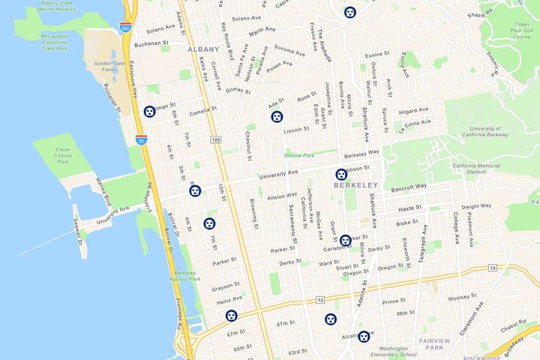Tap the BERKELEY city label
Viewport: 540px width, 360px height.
(354, 185)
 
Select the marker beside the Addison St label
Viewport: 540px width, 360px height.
(340, 175)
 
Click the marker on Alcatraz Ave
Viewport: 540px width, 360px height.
(364, 337)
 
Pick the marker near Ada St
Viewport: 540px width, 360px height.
(277, 117)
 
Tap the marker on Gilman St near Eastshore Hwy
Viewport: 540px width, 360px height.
(151, 111)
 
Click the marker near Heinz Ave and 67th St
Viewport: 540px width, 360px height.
(232, 316)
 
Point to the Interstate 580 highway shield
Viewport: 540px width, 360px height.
(125, 28)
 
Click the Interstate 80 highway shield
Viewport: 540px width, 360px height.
(142, 140)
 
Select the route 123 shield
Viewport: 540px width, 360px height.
(216, 140)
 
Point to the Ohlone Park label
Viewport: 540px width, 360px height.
(298, 155)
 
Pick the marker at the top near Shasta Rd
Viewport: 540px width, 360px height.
(349, 12)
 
